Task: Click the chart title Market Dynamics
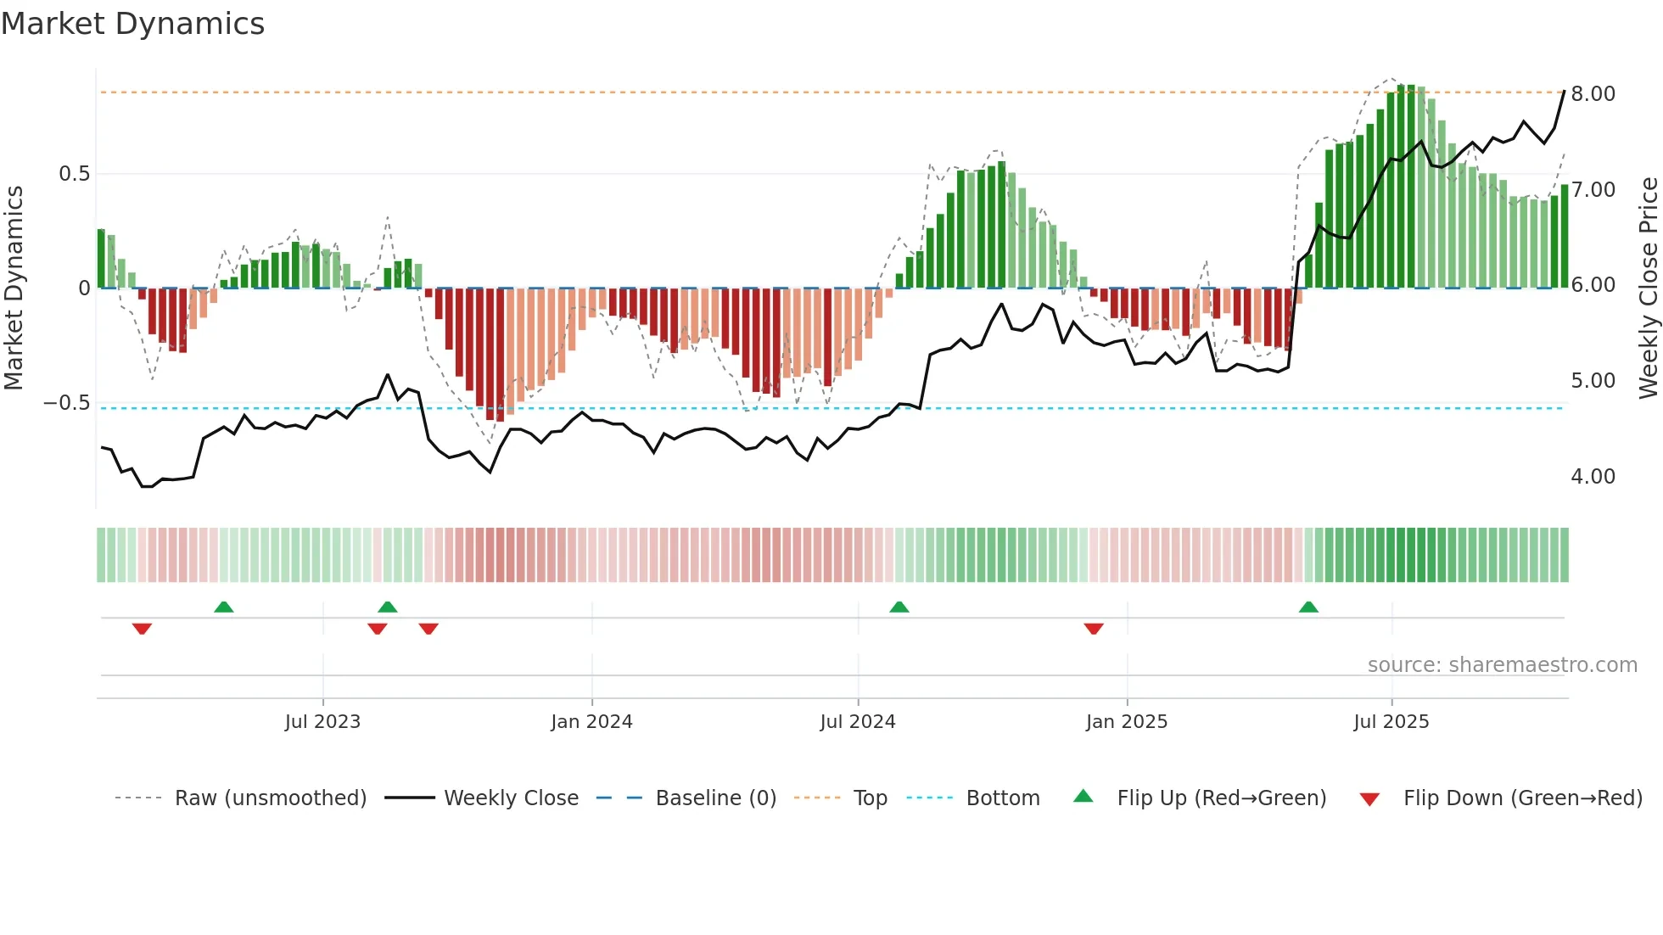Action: point(133,24)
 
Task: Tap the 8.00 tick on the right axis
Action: point(1593,93)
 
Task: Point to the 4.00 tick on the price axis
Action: point(1593,477)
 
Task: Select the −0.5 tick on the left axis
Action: point(67,403)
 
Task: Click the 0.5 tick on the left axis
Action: point(74,174)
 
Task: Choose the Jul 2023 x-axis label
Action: point(322,722)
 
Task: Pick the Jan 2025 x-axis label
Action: point(1126,722)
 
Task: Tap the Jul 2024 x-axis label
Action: point(857,722)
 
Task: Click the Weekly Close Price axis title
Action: point(1648,288)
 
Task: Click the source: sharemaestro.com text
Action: point(1502,665)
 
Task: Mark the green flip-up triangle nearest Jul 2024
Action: point(899,607)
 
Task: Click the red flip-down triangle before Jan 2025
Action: point(1094,629)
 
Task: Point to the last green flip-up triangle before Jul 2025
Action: point(1308,607)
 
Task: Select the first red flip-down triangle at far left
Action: point(142,629)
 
